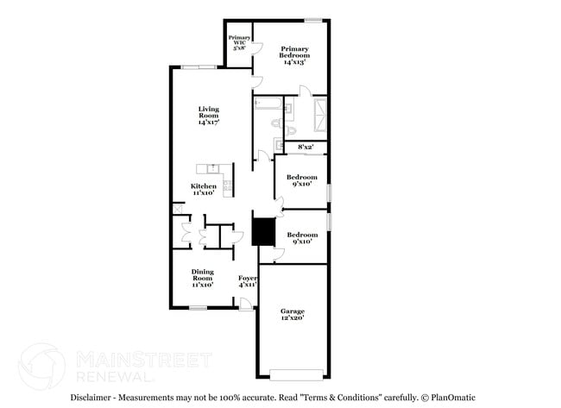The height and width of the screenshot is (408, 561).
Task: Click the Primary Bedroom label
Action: pos(294,55)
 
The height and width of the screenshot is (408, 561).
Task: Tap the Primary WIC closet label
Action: pos(239,43)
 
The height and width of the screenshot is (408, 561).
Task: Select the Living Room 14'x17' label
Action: pos(208,115)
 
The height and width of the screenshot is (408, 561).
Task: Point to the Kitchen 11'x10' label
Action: pos(204,190)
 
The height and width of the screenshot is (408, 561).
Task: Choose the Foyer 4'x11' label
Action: pos(248,281)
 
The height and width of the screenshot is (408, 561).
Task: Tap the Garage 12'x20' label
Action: pos(293,315)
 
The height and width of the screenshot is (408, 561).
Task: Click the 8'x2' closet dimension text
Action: pos(306,148)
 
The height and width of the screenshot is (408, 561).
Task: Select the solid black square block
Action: pos(262,231)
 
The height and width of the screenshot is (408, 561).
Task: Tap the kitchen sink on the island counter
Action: pos(207,167)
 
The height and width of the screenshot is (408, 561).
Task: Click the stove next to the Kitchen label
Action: pos(227,182)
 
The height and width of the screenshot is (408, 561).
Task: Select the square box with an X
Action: pos(177,208)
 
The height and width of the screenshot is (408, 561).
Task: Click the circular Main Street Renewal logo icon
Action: pos(41,365)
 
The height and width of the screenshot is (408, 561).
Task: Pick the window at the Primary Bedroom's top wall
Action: pos(313,19)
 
